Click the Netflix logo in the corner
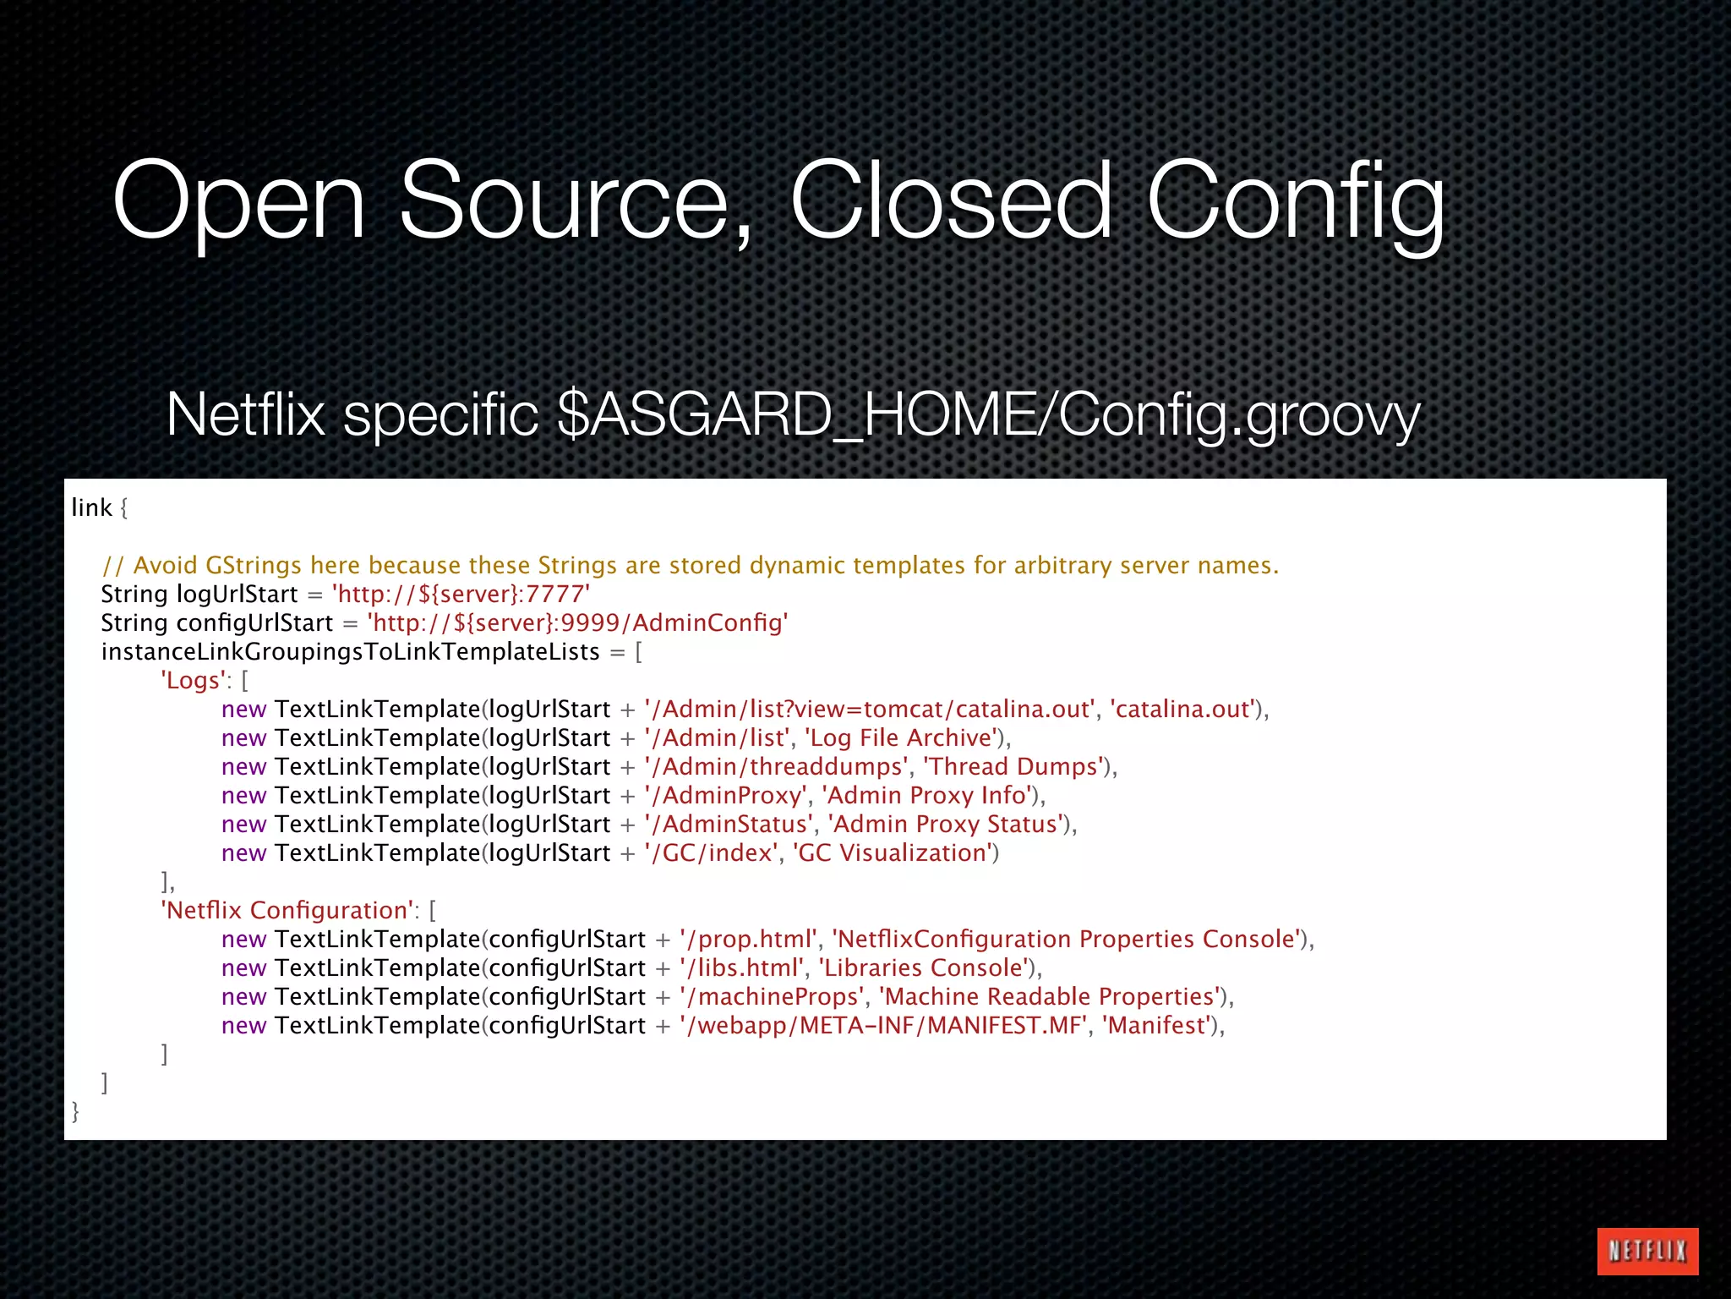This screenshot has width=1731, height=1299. (x=1647, y=1251)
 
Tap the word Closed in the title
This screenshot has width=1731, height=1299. (x=950, y=203)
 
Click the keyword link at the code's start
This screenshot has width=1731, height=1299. (x=91, y=507)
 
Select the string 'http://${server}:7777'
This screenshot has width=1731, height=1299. (x=461, y=594)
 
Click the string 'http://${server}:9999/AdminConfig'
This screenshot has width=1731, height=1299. (x=577, y=622)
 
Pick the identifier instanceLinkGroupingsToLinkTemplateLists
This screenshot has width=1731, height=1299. (x=350, y=651)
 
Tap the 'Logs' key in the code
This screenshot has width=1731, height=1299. (x=194, y=680)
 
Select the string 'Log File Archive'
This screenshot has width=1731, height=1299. (x=901, y=737)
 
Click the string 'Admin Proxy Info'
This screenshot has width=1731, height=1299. (x=927, y=795)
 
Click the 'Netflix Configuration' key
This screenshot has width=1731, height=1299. (x=287, y=910)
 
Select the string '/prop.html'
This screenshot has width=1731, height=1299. (x=749, y=939)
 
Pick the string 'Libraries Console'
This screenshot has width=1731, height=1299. (x=923, y=967)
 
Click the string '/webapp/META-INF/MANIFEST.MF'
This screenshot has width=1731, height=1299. (x=883, y=1025)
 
